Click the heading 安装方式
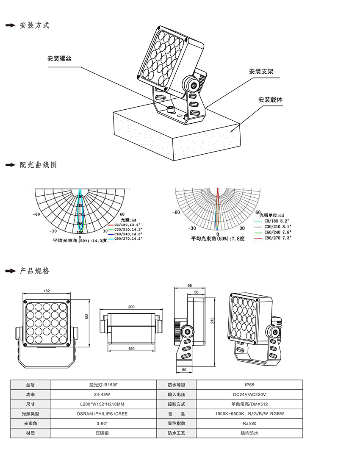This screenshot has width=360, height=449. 34,25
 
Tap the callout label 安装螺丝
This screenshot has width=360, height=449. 59,58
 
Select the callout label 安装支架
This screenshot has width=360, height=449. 261,71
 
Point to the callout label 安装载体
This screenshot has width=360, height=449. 270,100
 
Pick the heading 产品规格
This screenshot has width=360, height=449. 34,271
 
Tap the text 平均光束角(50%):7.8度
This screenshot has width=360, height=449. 218,239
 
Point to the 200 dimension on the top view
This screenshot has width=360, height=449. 131,307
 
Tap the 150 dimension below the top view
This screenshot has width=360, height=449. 131,348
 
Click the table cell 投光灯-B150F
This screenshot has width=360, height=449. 103,385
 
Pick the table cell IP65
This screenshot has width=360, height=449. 249,385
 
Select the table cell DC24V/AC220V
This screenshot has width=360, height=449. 249,394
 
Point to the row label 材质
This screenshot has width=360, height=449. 30,433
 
